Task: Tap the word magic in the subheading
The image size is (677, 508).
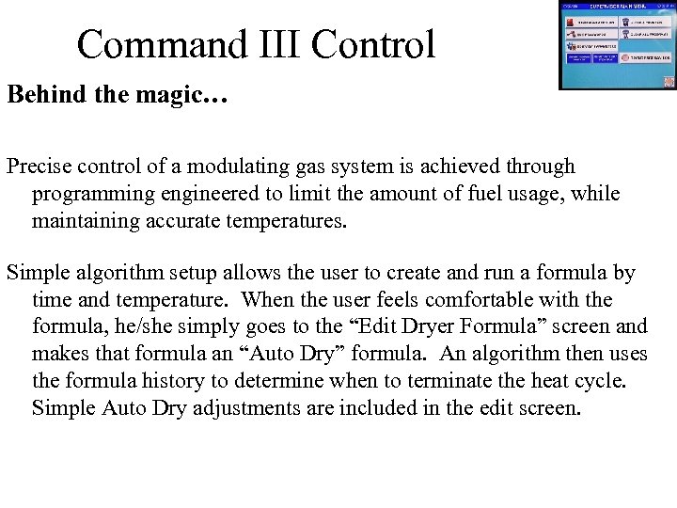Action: (189, 96)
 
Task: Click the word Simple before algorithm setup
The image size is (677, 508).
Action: (37, 274)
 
